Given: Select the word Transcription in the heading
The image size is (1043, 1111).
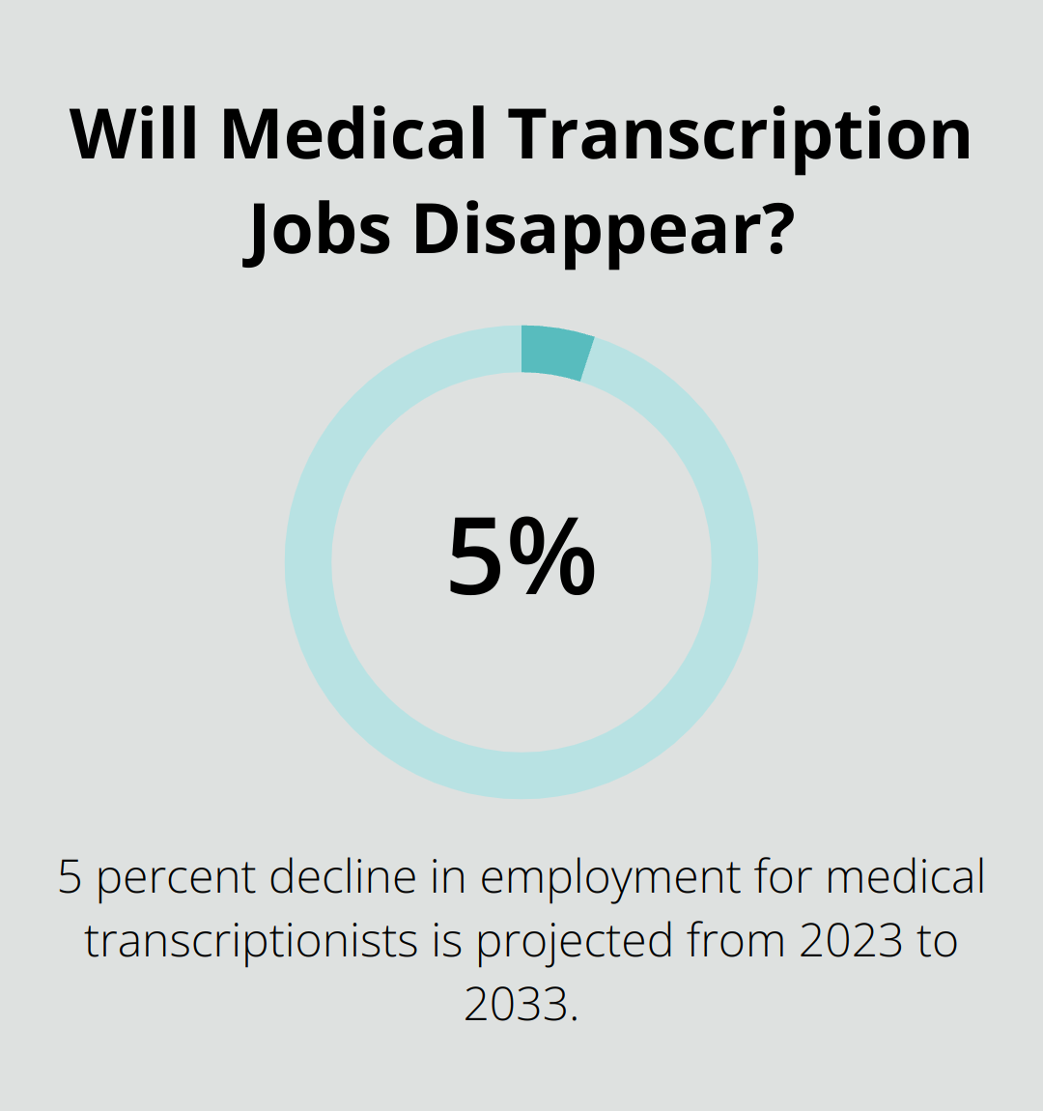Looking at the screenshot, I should tap(743, 135).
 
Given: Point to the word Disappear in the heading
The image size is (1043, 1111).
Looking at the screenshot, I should tap(577, 232).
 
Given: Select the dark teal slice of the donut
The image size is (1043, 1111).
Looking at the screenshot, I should tap(555, 352).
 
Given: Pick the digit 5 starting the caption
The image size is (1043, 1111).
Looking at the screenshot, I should tap(70, 877).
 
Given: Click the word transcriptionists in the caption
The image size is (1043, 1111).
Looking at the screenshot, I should tap(251, 941).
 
